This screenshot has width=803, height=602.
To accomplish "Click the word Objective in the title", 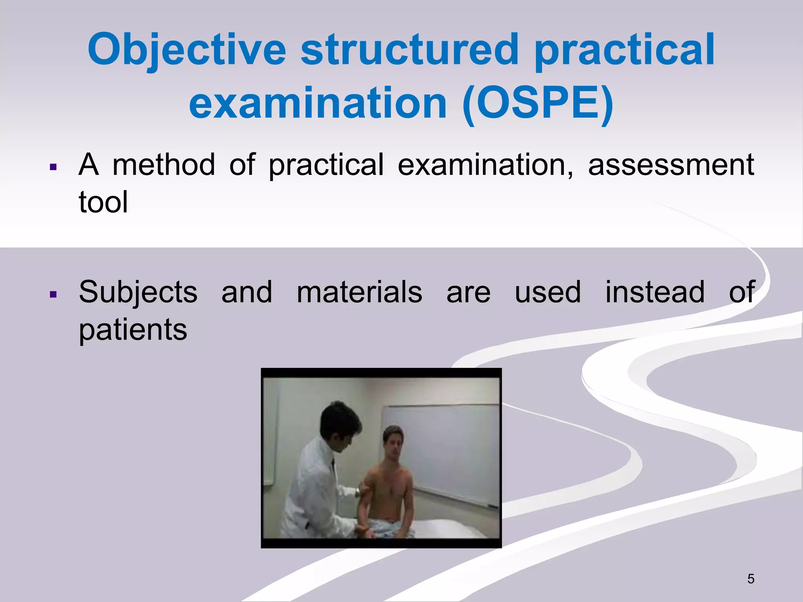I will coord(187,50).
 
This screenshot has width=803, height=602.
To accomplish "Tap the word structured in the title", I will coord(409,50).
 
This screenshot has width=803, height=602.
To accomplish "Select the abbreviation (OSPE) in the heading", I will coord(538,104).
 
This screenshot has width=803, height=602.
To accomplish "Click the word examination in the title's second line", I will coord(318,104).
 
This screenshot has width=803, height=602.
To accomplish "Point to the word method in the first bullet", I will coord(164,165).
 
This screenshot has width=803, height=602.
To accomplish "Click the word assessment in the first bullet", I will coord(671,165).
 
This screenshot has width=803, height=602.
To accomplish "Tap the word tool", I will coord(103,202).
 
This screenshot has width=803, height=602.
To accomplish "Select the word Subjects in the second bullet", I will coord(138,292).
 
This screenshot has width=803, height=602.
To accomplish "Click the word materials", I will coord(359,292).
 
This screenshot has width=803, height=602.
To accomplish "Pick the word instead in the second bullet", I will coord(654,292).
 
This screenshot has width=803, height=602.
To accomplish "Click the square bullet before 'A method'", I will coord(54,168).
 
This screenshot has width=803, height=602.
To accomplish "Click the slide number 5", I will coord(750,579).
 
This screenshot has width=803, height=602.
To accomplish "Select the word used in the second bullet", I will coord(547,292).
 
